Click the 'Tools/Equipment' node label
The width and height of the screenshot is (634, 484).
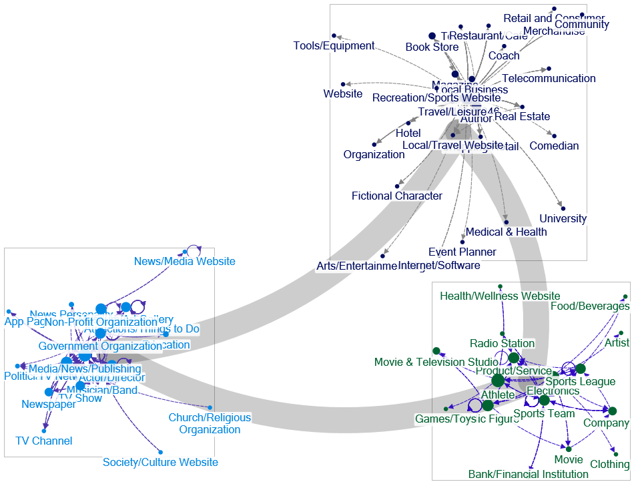(334, 46)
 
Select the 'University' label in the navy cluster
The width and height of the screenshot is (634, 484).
(563, 218)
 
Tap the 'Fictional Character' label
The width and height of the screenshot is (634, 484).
(397, 196)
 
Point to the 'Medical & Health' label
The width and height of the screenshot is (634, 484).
(506, 232)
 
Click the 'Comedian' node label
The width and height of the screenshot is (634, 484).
(554, 146)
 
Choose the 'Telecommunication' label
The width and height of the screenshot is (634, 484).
(549, 79)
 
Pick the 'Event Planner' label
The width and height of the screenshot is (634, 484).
(462, 252)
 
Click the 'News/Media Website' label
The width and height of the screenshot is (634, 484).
(184, 262)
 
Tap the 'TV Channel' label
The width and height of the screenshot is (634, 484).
(43, 441)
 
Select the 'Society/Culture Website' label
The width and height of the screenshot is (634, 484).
(160, 462)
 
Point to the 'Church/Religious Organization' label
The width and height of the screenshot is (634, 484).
(210, 423)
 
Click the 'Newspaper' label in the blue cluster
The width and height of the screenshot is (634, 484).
(48, 405)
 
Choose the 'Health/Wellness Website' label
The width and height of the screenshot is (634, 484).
(500, 296)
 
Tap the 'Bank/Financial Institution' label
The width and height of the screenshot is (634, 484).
(529, 474)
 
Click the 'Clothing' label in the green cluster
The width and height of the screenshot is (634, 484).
(609, 464)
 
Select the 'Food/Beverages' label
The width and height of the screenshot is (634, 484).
(589, 306)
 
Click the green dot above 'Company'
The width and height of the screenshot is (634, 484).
(612, 411)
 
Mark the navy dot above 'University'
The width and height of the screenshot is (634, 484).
(563, 208)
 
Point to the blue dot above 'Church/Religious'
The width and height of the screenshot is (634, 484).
(210, 407)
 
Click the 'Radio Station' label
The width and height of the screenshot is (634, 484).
(502, 343)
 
